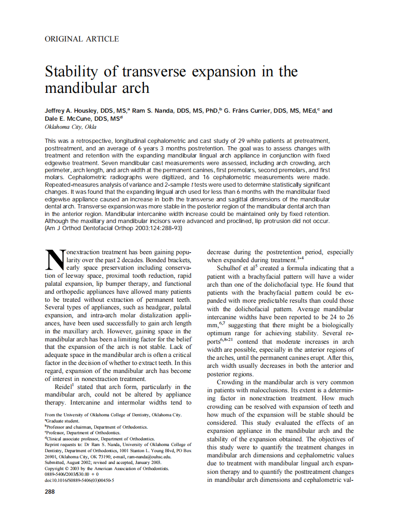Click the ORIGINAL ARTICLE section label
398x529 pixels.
(82, 39)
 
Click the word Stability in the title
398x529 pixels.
(72, 72)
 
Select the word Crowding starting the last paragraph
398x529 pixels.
(231, 382)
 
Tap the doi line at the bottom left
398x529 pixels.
(79, 480)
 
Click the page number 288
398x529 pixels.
(50, 492)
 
